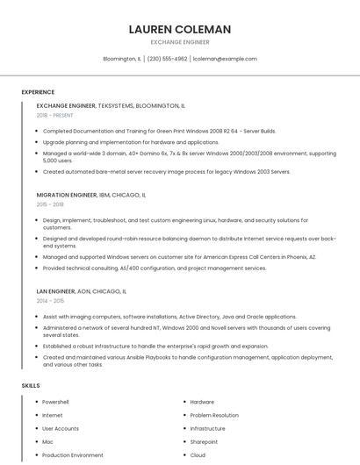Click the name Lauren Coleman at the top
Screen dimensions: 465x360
pyautogui.click(x=180, y=29)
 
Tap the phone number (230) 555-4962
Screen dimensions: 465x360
pyautogui.click(x=167, y=59)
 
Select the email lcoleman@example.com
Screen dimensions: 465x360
pyautogui.click(x=225, y=59)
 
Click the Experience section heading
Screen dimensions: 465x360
pyautogui.click(x=38, y=92)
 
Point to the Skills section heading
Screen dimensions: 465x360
pyautogui.click(x=31, y=385)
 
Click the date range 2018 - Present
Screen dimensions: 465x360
pyautogui.click(x=55, y=115)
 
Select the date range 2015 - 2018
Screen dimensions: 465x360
pyautogui.click(x=50, y=204)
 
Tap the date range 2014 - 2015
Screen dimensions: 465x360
pyautogui.click(x=50, y=300)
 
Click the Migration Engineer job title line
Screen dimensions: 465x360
pyautogui.click(x=91, y=194)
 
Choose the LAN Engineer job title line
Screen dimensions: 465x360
pyautogui.click(x=82, y=290)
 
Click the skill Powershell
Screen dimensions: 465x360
pyautogui.click(x=55, y=402)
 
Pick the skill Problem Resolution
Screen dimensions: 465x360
pyautogui.click(x=214, y=415)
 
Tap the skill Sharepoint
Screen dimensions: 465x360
pyautogui.click(x=204, y=441)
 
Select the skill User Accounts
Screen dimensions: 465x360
pyautogui.click(x=61, y=428)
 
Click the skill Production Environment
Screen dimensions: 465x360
pyautogui.click(x=73, y=454)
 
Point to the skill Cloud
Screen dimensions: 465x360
pyautogui.click(x=198, y=454)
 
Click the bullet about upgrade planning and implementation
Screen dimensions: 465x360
pyautogui.click(x=131, y=141)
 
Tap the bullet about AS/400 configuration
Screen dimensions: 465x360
pyautogui.click(x=154, y=268)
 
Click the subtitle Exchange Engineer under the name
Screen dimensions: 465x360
pyautogui.click(x=180, y=42)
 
